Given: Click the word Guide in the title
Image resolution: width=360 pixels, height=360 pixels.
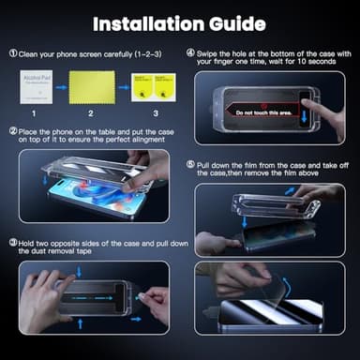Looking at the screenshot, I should point(234,22).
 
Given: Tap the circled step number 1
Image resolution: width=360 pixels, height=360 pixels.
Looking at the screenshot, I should point(13,54).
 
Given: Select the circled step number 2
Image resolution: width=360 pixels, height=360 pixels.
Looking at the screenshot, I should point(13,131).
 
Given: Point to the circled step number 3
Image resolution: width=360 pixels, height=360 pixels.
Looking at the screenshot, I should point(13,242).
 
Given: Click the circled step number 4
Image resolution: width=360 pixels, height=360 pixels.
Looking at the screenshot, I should point(190,53).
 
